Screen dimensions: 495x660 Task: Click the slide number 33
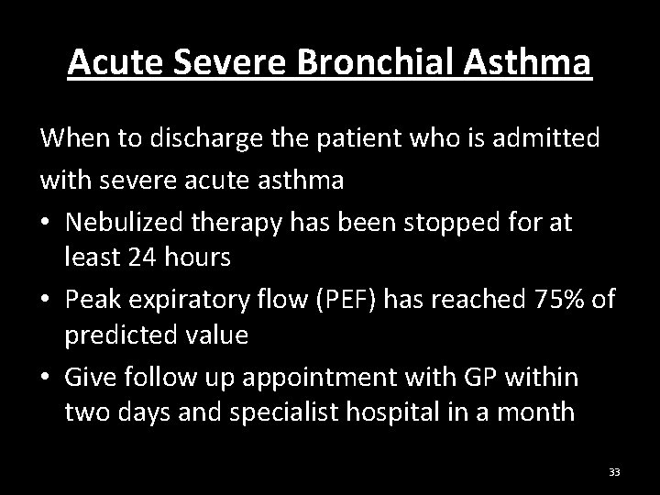click(x=614, y=472)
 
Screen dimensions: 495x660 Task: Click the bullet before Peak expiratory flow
click(x=46, y=299)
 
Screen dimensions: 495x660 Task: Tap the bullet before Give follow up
click(x=46, y=376)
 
